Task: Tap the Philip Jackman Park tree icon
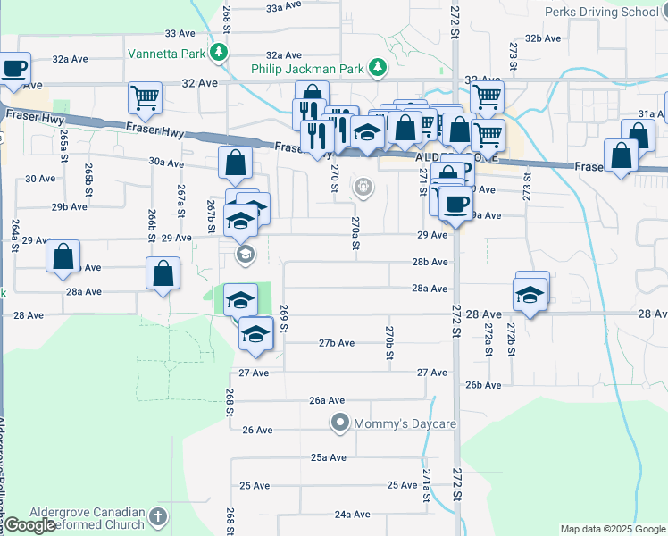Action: click(378, 68)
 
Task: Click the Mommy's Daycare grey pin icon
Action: click(339, 422)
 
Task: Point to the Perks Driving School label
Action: click(601, 12)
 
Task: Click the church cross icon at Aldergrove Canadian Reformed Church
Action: click(158, 517)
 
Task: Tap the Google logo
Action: click(29, 525)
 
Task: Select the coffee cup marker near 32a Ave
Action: click(14, 69)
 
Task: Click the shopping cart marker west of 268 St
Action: click(145, 98)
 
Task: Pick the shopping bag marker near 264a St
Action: click(64, 256)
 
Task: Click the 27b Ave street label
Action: click(337, 343)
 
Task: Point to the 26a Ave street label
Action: click(327, 401)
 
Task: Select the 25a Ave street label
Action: click(329, 457)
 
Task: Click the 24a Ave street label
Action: click(352, 515)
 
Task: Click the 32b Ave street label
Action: click(543, 38)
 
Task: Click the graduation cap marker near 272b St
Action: click(530, 295)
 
